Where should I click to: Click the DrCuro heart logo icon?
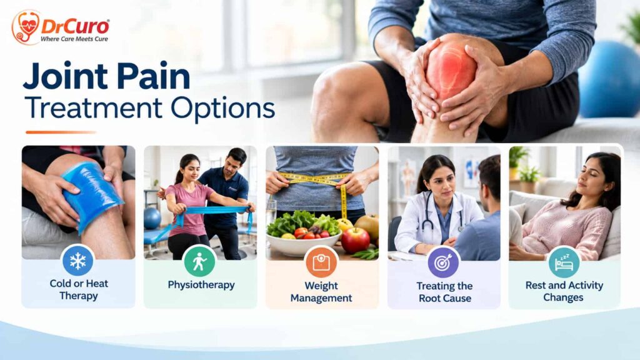pos(26,27)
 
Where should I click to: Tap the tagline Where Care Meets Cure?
pos(74,39)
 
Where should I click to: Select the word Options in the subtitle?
pos(222,109)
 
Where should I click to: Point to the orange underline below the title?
pos(61,132)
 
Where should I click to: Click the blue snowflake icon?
pos(77,261)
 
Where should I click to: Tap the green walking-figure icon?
pos(199,261)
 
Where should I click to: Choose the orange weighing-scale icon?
pos(321,262)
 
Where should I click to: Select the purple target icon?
pos(443,262)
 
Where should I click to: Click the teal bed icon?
pos(564,262)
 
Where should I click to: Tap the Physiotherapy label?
pos(201,285)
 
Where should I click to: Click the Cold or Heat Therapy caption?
pos(79,289)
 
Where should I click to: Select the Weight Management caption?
pos(321,292)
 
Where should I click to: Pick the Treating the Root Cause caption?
pos(444,292)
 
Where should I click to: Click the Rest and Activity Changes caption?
pos(564,291)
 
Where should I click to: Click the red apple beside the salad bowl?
pos(355,240)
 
